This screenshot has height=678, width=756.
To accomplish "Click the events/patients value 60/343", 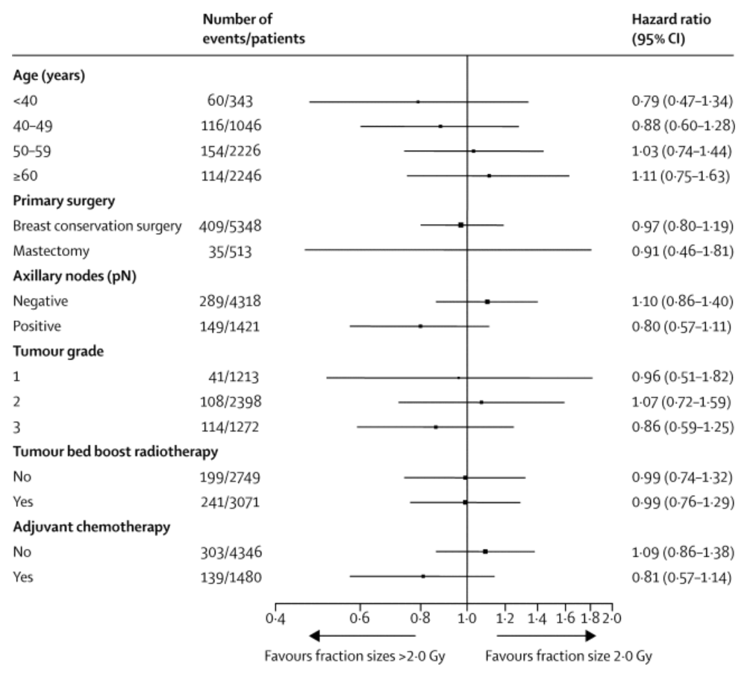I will [x=230, y=102].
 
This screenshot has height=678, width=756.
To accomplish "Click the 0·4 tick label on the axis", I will [x=275, y=618].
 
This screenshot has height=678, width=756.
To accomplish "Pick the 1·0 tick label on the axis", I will [x=467, y=618].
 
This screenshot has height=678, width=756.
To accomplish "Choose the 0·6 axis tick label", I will [x=360, y=618].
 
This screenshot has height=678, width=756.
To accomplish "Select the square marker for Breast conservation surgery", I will [x=460, y=225].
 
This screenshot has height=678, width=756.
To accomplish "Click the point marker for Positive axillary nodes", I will [x=420, y=326].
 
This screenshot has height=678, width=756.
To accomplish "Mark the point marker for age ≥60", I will [x=489, y=175].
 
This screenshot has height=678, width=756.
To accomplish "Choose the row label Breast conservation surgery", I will [x=97, y=225].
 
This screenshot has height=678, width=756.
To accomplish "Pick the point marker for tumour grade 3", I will [x=436, y=427].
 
